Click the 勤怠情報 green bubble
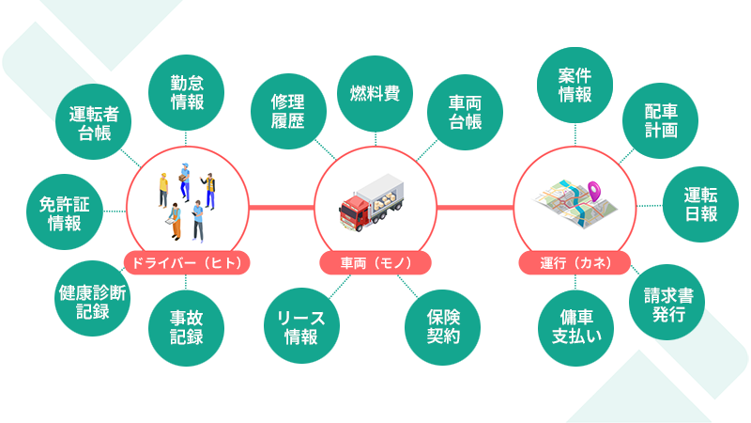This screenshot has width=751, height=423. (x=188, y=92)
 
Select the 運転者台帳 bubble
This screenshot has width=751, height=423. (x=95, y=122)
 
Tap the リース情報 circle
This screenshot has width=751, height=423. (x=301, y=324)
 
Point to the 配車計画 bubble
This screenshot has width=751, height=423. (x=661, y=120)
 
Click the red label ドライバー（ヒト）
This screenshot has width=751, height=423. (x=188, y=263)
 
